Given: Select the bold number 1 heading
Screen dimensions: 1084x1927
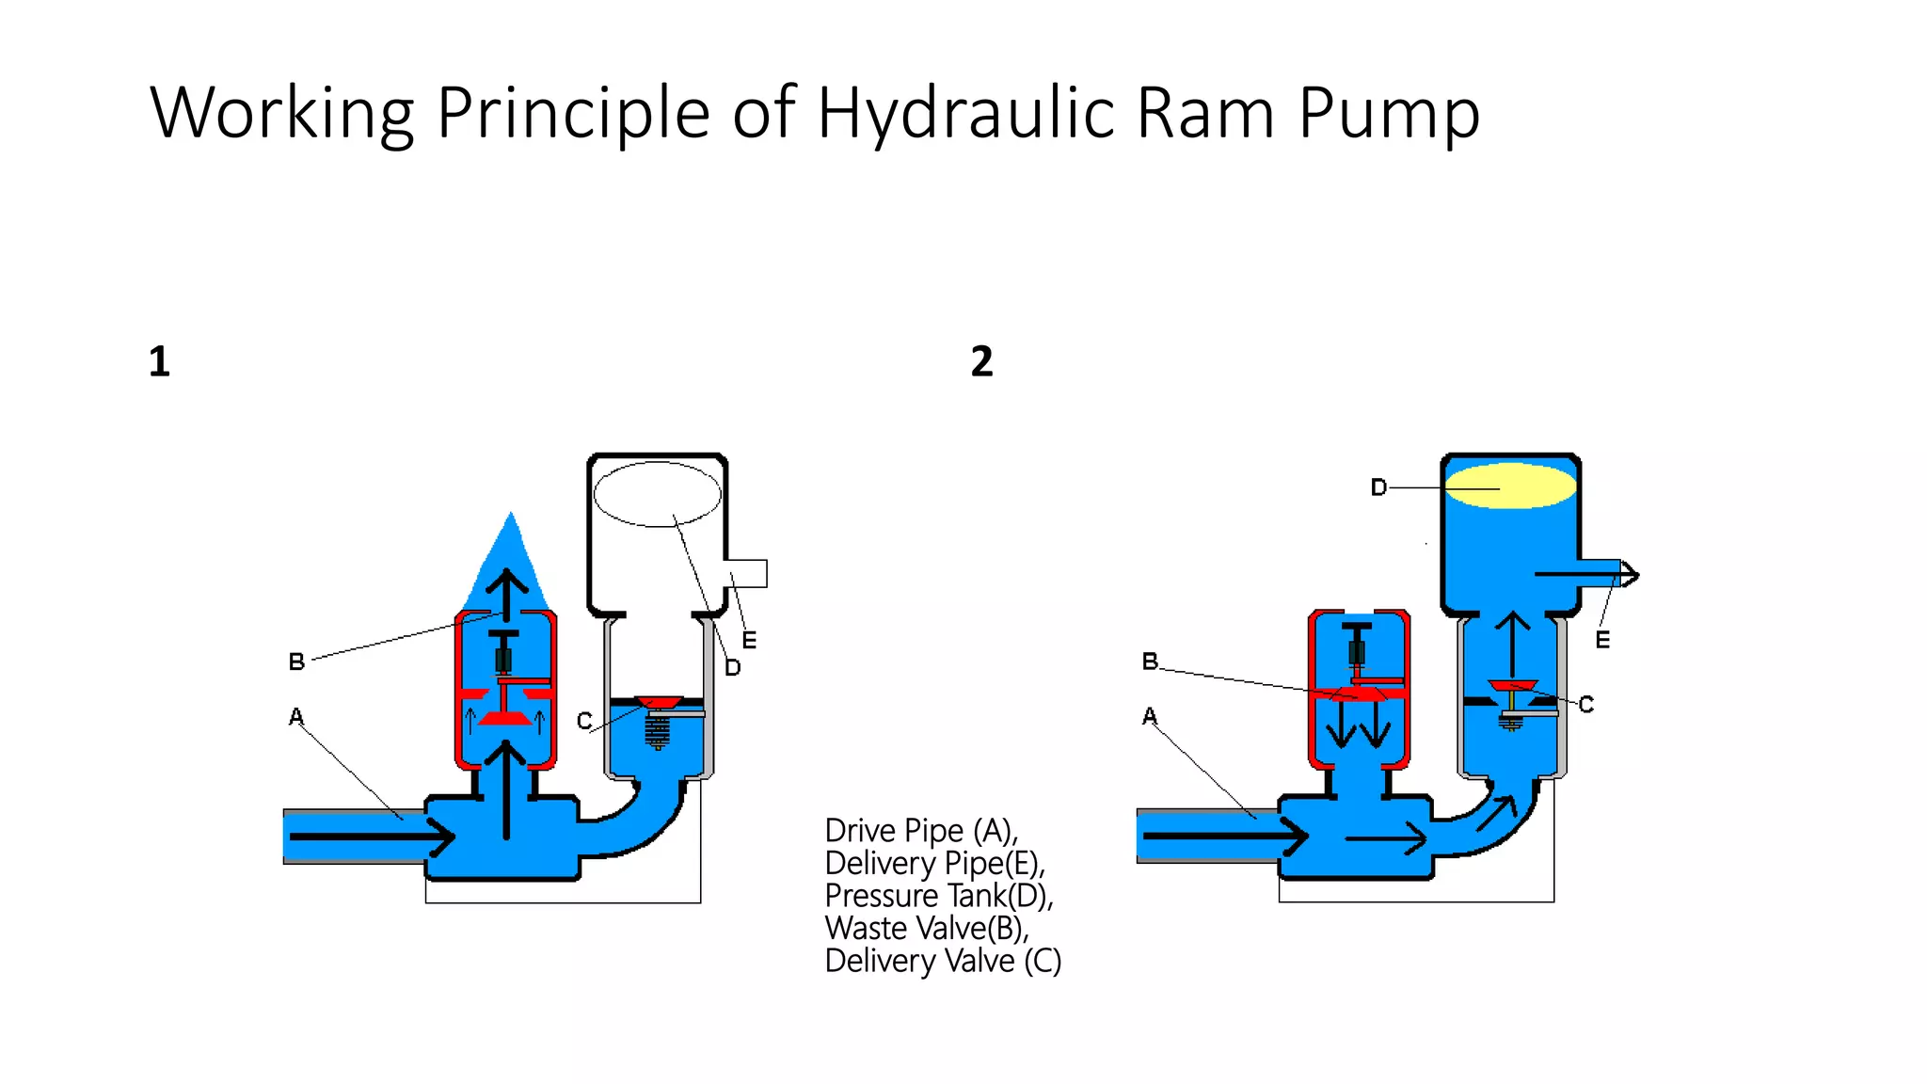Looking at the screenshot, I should pyautogui.click(x=159, y=362).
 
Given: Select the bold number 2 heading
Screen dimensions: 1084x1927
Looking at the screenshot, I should pyautogui.click(x=981, y=362).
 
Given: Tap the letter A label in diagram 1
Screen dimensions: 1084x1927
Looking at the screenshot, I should pyautogui.click(x=296, y=717).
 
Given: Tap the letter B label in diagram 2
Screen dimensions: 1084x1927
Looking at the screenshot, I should pyautogui.click(x=1150, y=662).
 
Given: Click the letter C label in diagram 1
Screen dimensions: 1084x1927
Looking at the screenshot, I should pyautogui.click(x=584, y=721).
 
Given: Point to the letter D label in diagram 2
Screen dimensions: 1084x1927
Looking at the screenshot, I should pyautogui.click(x=1378, y=487).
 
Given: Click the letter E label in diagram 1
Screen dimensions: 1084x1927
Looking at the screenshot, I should pyautogui.click(x=749, y=641).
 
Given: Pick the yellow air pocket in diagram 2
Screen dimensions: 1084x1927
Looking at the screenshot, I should pyautogui.click(x=1509, y=486).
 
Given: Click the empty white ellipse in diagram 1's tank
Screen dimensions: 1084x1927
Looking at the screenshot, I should pyautogui.click(x=657, y=493).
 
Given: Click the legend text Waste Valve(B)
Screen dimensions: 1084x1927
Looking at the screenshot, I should pyautogui.click(x=926, y=929).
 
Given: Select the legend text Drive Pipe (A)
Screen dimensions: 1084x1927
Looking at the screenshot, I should pyautogui.click(x=920, y=831).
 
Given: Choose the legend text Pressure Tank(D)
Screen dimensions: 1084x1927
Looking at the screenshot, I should pyautogui.click(x=938, y=896).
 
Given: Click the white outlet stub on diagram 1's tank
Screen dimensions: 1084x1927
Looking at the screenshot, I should pyautogui.click(x=749, y=573).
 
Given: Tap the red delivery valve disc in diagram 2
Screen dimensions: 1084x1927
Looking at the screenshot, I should pyautogui.click(x=1512, y=686).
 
